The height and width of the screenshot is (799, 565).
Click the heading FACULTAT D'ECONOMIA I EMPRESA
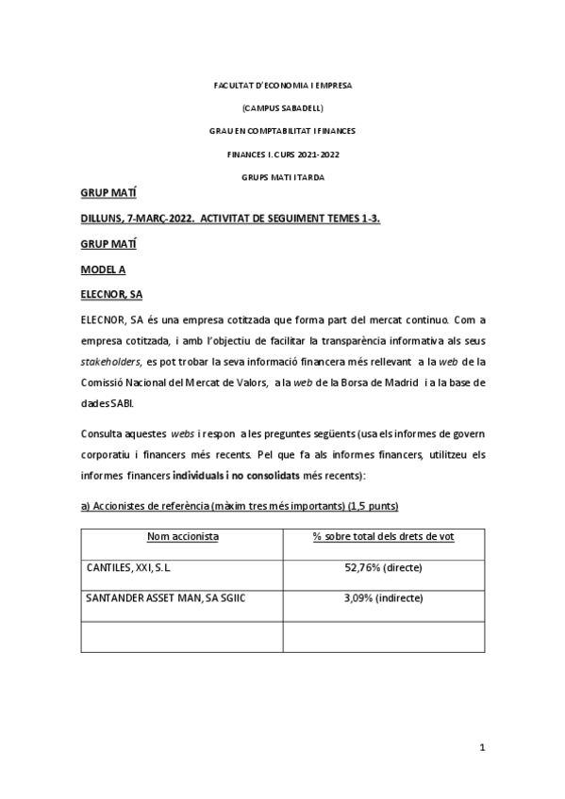282,86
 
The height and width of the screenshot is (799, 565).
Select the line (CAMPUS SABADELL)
282,107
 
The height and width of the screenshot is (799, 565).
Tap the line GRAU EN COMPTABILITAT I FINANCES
282,130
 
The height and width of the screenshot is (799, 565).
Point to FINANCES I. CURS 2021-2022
282,153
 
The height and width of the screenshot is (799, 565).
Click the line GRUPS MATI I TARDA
282,175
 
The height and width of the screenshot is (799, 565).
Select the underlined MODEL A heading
103,269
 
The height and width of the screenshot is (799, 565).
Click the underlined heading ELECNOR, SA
111,294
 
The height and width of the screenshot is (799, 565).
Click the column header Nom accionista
182,537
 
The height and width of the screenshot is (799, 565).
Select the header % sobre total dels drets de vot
383,537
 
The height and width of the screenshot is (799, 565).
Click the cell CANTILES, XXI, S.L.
127,568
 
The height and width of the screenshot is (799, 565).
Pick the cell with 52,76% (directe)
383,568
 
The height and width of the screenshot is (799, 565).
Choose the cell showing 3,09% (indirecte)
383,598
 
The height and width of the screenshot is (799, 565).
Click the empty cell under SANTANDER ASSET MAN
182,636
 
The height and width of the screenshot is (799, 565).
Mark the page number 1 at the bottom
481,748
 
